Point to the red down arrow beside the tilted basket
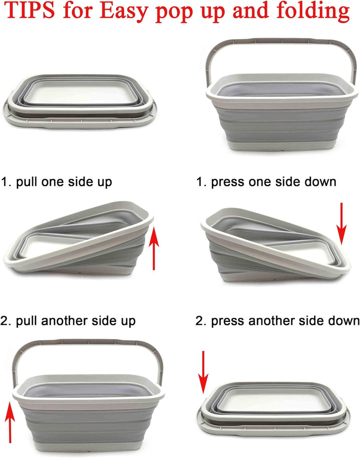click(341, 223)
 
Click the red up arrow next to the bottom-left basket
click(10, 422)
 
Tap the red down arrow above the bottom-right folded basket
click(203, 372)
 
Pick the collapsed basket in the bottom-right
click(273, 409)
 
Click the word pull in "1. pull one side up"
click(27, 182)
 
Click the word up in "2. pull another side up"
click(128, 321)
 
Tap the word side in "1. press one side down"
click(287, 182)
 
